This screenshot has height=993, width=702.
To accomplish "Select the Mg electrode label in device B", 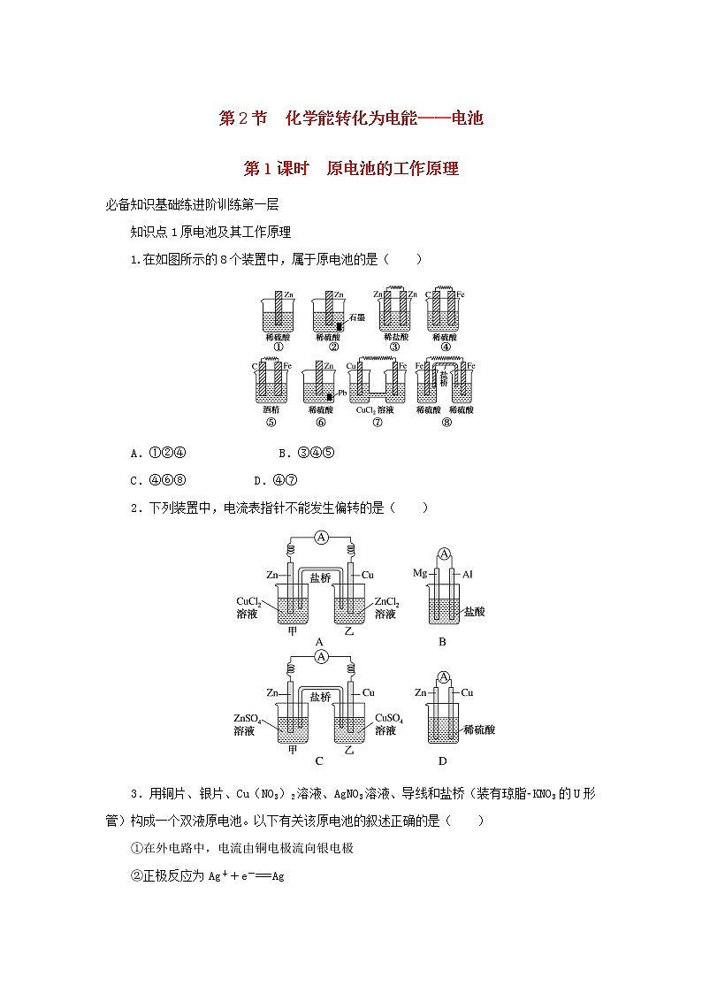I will [420, 573].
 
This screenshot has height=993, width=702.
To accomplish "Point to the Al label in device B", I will [468, 574].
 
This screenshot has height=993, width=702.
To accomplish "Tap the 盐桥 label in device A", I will [321, 577].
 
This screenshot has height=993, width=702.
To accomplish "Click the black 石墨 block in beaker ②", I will [339, 326].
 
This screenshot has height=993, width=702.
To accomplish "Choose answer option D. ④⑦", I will [274, 480].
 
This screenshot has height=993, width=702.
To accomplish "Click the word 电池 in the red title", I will [465, 118].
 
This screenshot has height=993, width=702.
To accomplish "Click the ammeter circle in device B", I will [446, 554].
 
